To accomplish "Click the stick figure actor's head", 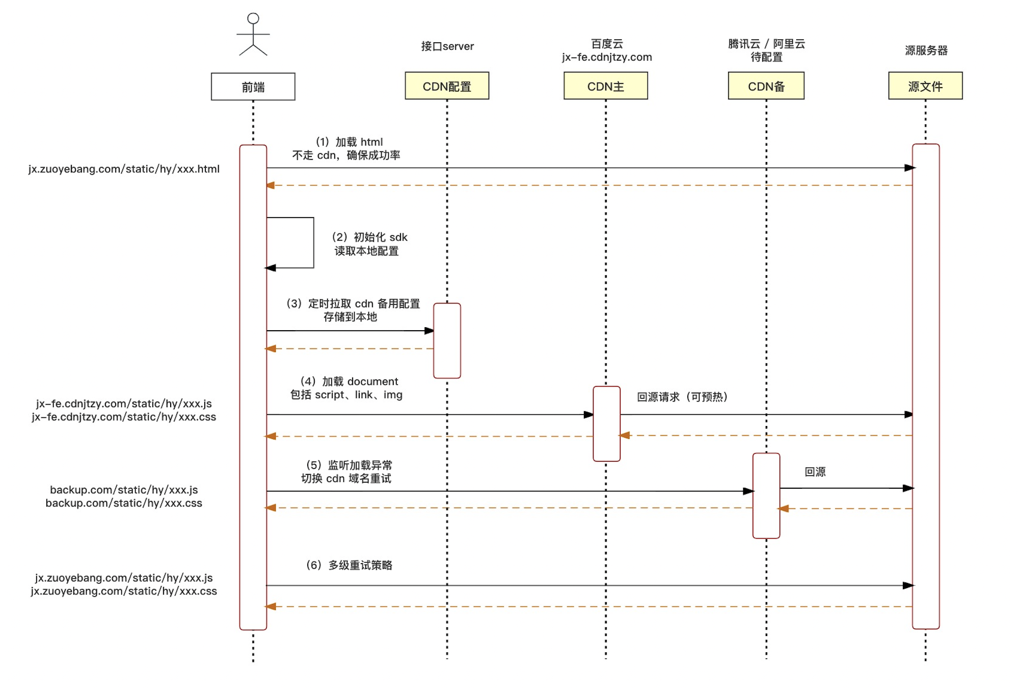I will pos(253,18).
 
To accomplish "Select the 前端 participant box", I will pos(253,87).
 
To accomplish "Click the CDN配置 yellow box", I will pos(447,86).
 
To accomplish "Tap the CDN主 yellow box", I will pos(605,86).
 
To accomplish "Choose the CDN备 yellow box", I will pos(766,86).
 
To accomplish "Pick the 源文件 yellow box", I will pos(925,86).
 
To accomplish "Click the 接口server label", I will pos(447,46).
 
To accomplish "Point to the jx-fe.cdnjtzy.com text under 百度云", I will pos(607,57).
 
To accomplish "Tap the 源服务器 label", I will pos(926,50).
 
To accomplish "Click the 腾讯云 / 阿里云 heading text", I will pos(766,44).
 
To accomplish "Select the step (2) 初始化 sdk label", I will pos(369,237).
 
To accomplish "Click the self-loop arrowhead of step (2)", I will pos(271,268).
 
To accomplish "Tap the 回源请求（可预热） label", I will pos(682,397).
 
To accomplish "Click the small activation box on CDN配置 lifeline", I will pos(447,340).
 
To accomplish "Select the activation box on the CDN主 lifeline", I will pos(606,423).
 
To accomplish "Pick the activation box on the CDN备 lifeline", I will pos(766,495).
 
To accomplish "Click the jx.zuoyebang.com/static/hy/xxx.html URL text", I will pos(124,169).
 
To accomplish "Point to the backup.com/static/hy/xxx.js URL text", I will pos(124,490).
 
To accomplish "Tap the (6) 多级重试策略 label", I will pos(349,565).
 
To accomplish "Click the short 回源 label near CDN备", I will pos(815,472).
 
